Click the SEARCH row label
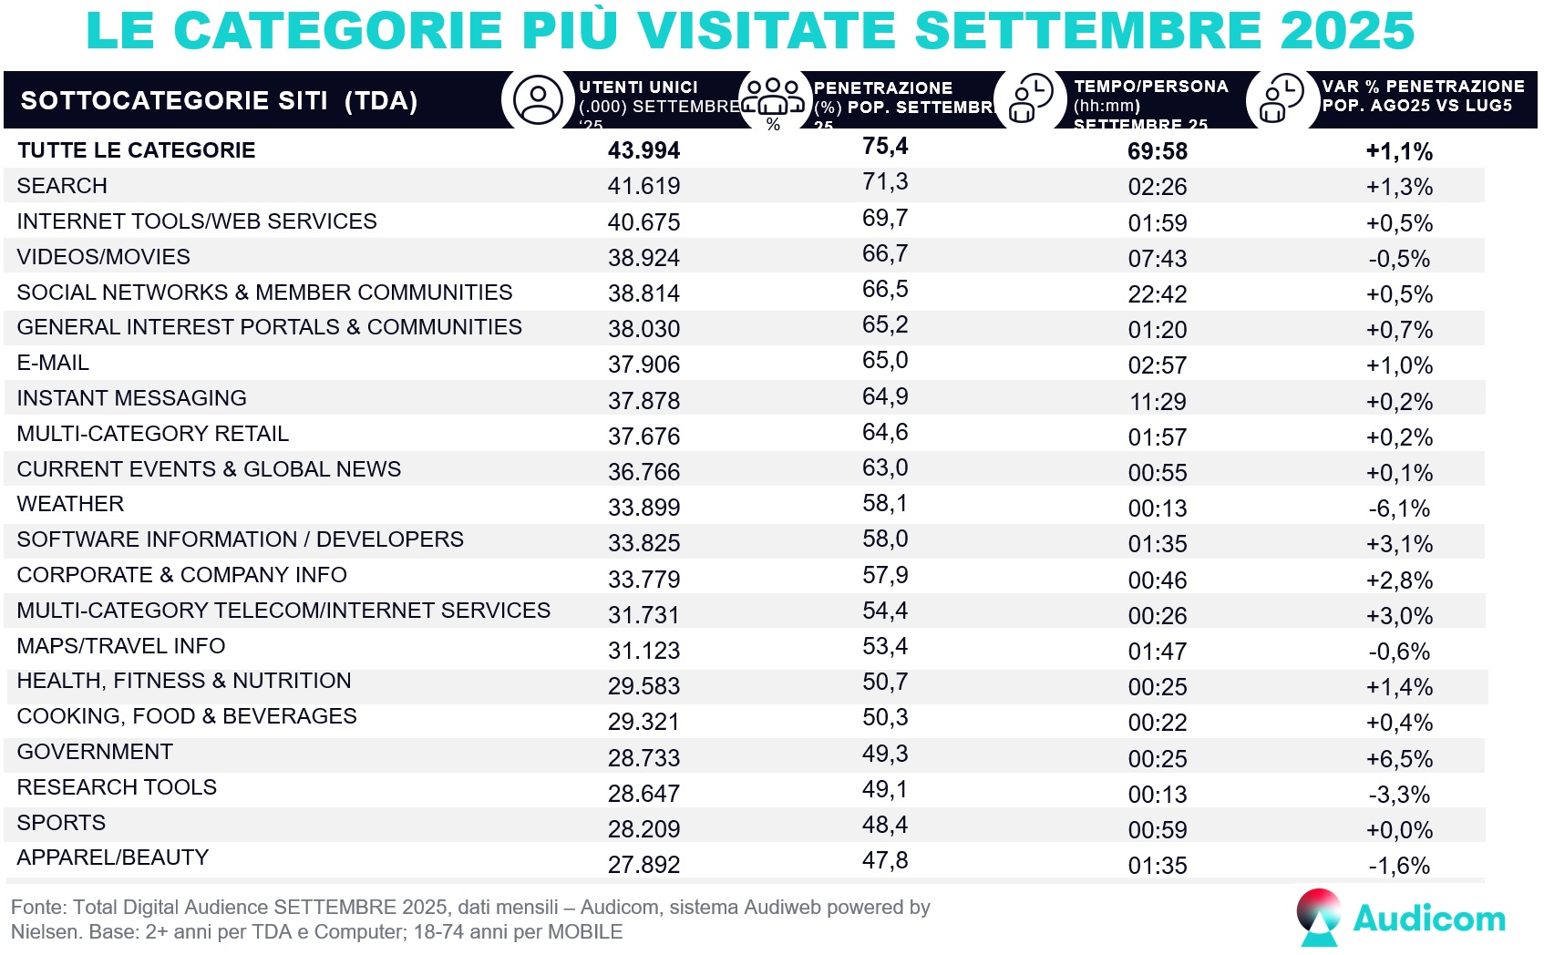(x=62, y=186)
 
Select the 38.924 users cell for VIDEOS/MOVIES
(x=643, y=258)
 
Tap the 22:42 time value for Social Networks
(x=1157, y=294)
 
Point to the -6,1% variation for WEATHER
(x=1399, y=508)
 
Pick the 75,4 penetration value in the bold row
(x=885, y=146)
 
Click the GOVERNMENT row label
(x=95, y=752)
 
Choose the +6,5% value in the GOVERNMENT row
(x=1399, y=759)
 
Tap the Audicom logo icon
(x=1318, y=917)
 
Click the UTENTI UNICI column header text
(x=638, y=87)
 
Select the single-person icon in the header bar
(x=538, y=100)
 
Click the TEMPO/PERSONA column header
(x=1150, y=87)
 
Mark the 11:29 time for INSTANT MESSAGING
(x=1157, y=402)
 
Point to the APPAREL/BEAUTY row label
(x=113, y=857)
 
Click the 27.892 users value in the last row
(x=643, y=865)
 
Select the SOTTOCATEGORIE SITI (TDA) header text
(x=219, y=100)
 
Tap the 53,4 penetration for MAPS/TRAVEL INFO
(x=885, y=646)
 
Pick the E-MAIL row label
(x=53, y=363)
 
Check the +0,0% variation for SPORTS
(x=1399, y=830)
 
